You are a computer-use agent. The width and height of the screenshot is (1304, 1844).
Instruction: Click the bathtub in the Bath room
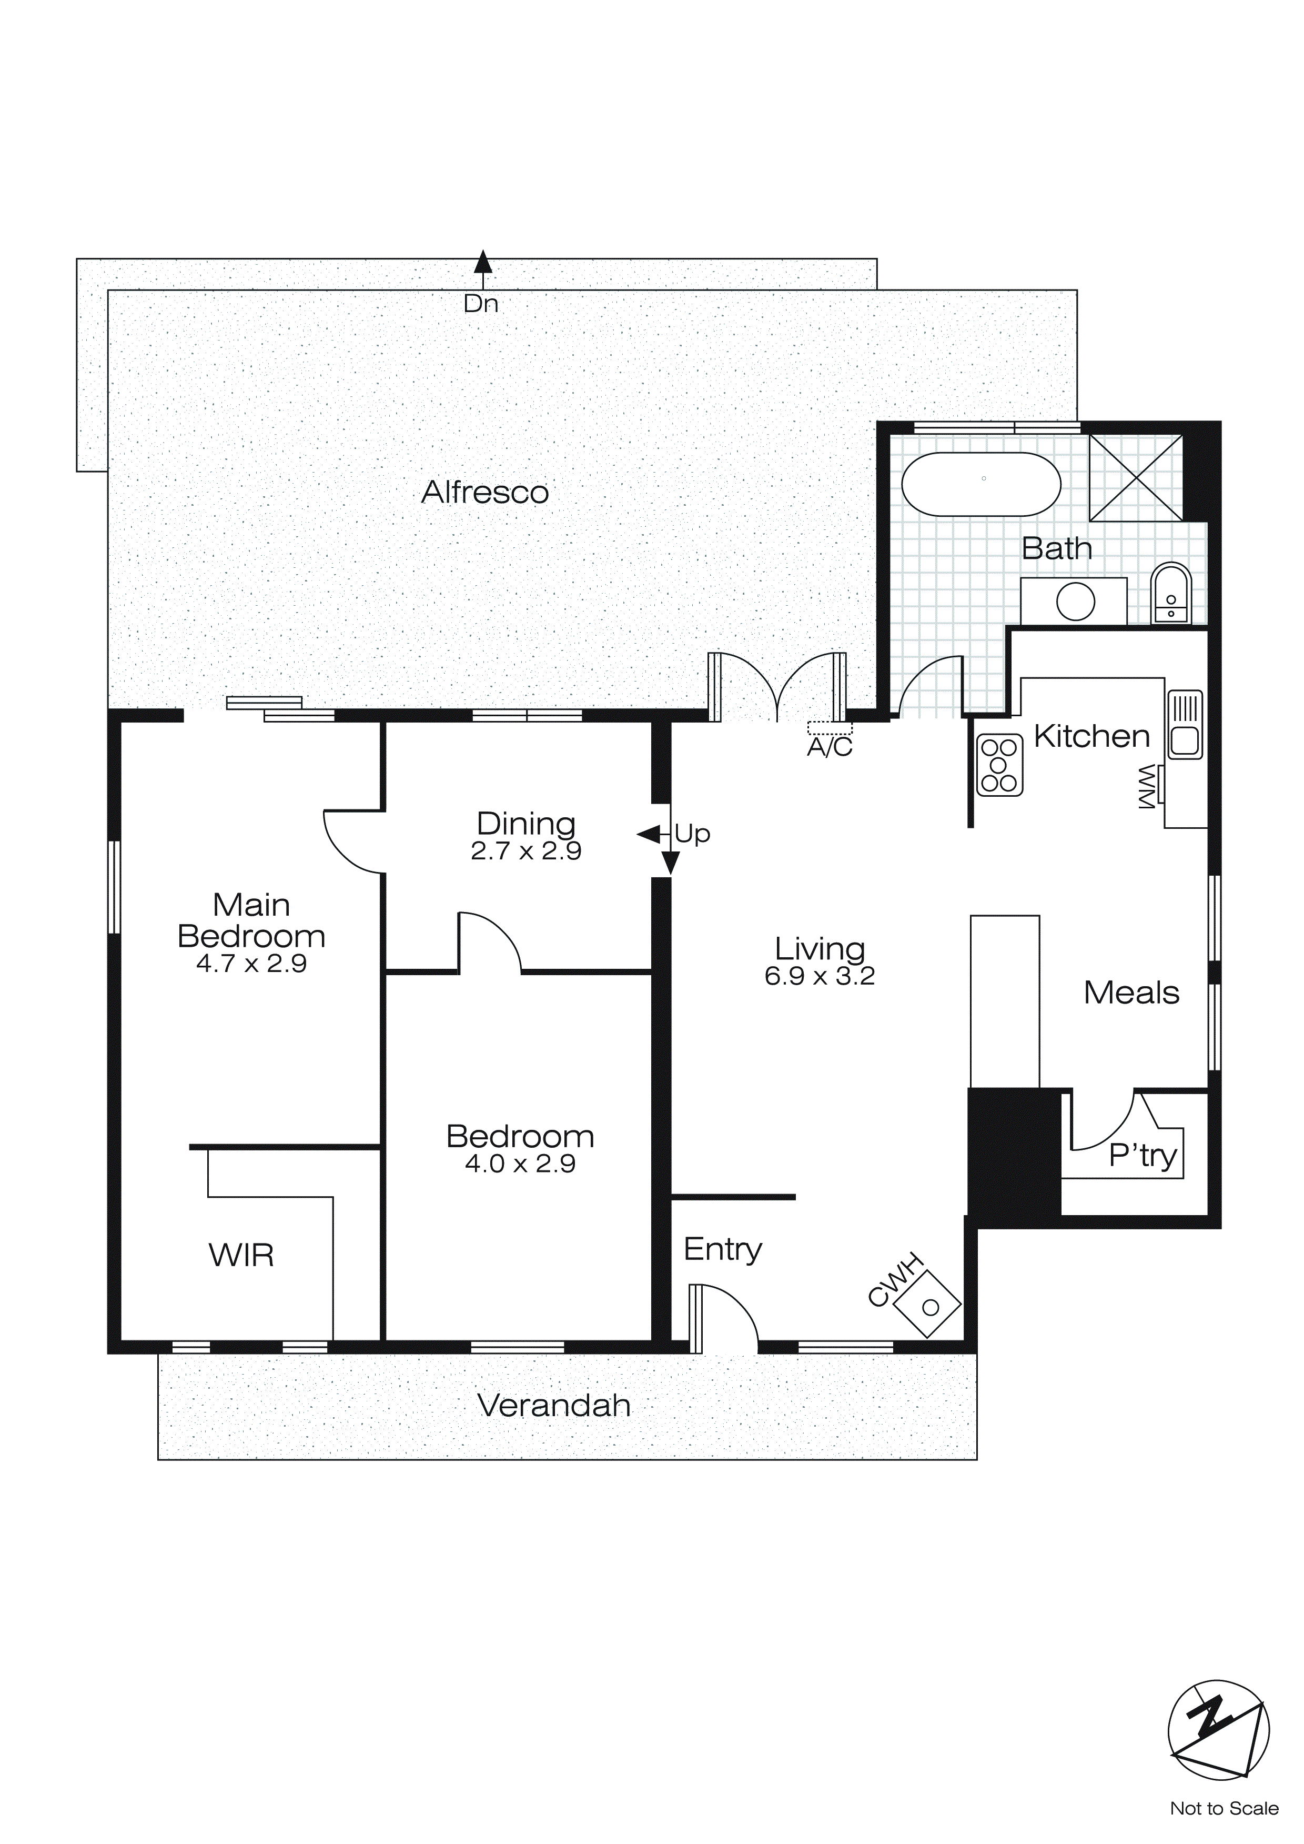coord(980,484)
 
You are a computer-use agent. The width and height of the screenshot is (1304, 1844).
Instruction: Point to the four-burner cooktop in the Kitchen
coord(999,765)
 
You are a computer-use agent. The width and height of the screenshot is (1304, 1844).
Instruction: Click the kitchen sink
coord(1185,725)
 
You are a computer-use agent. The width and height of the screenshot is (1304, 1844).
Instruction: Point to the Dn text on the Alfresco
coord(481,304)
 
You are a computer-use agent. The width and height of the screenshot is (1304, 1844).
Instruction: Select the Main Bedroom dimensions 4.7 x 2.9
coord(251,963)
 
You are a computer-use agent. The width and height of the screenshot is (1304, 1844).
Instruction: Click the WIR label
coord(241,1255)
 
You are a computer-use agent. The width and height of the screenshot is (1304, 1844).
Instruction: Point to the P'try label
coord(1142,1155)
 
